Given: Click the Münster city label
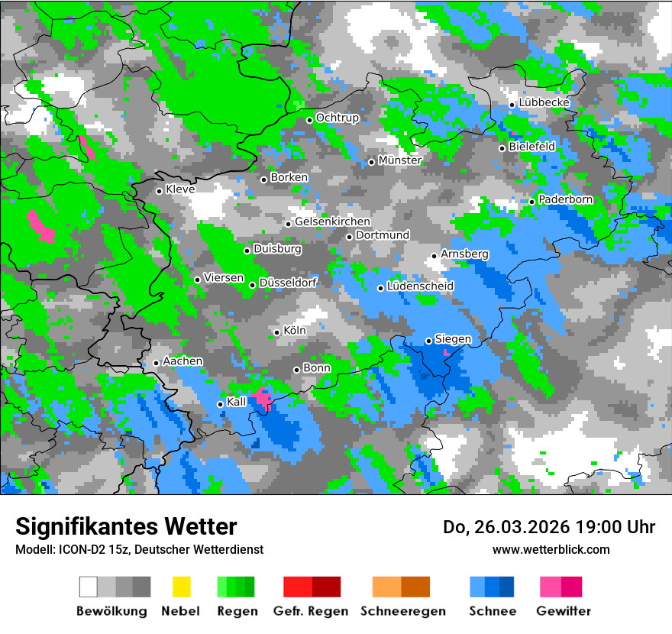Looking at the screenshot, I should [400, 160].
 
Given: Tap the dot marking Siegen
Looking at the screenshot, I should [429, 341].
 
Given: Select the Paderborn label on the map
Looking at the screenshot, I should [566, 199].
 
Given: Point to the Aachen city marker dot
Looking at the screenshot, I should [156, 363].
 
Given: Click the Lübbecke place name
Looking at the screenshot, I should [544, 102].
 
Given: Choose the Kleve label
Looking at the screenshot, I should [180, 189].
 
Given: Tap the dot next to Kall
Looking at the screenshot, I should [220, 404].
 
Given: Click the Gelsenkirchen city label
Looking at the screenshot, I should [332, 222].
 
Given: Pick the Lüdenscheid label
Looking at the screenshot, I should [421, 286].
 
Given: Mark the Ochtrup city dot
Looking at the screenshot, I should [310, 120].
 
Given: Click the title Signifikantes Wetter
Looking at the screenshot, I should [126, 526].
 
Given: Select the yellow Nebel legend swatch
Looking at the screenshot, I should [182, 587].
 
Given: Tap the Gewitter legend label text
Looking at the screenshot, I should [564, 611].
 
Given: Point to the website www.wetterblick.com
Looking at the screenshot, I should [551, 549].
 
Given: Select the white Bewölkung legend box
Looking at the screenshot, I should [89, 587].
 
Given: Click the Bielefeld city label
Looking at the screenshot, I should [532, 146].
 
